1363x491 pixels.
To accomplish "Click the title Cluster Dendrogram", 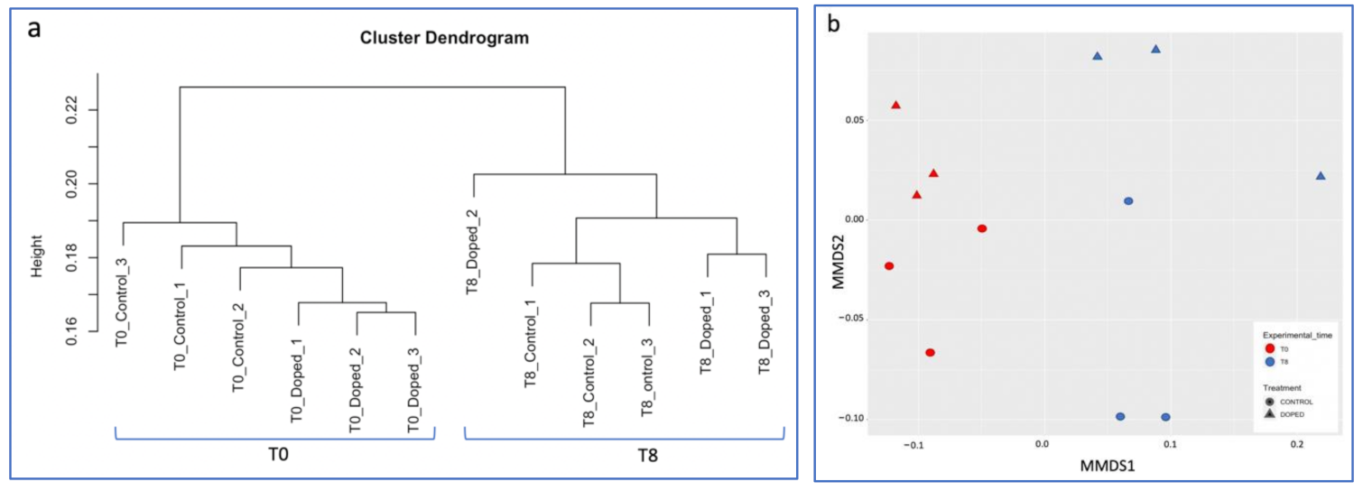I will [444, 39].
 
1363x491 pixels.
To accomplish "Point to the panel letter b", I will [834, 24].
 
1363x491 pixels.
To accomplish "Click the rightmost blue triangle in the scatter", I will [1321, 176].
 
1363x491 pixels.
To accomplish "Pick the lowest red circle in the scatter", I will [930, 352].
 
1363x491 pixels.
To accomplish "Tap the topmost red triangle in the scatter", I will [896, 106].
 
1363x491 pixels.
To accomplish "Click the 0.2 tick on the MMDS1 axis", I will [1297, 445].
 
